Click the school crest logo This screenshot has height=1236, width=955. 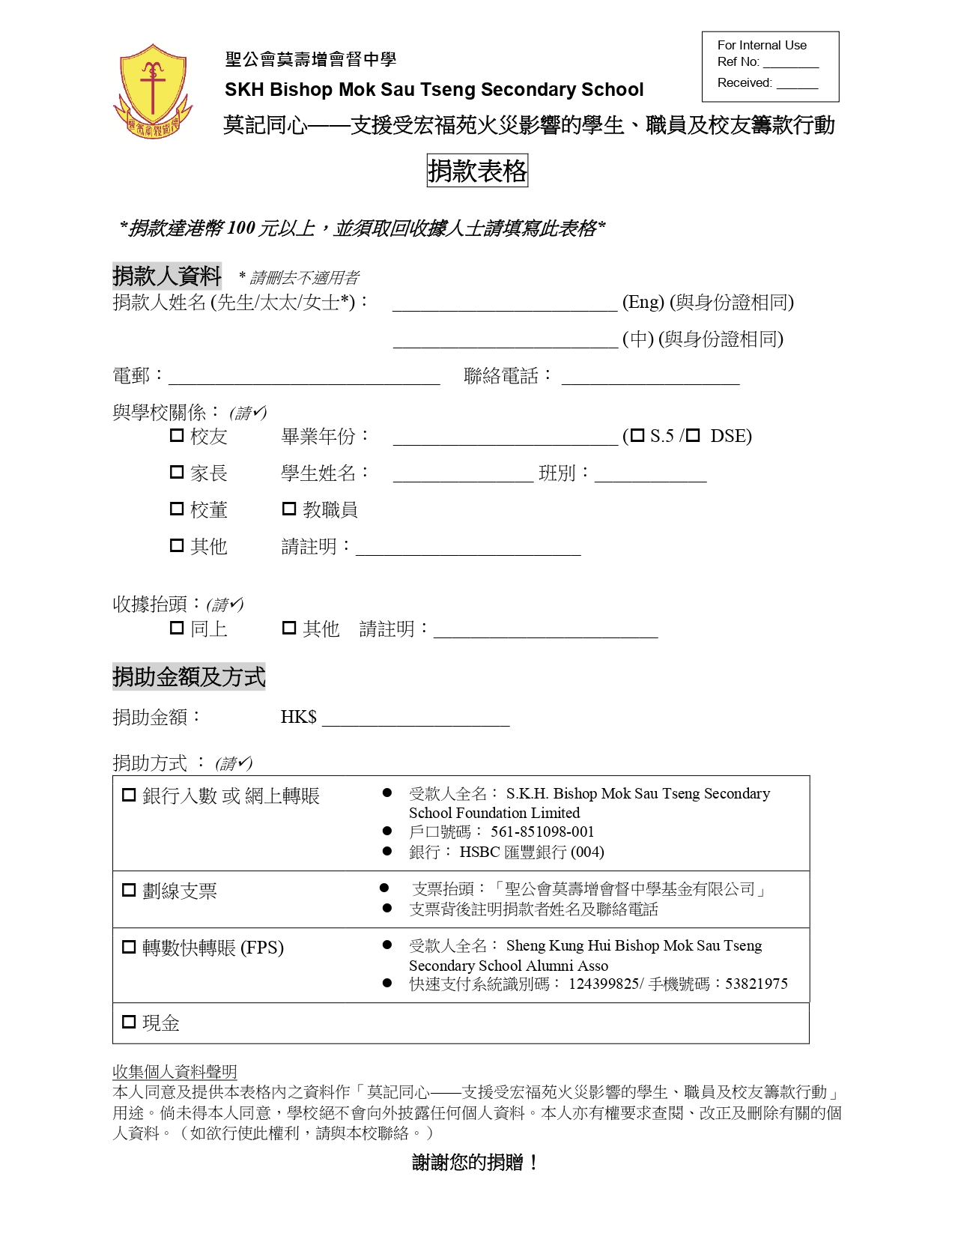153,90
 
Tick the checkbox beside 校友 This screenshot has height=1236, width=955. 177,435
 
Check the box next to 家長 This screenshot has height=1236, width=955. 177,472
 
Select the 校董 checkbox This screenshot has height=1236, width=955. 177,509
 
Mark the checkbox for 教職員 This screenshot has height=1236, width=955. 289,509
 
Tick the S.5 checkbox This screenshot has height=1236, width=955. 637,435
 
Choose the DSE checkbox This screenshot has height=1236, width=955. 694,435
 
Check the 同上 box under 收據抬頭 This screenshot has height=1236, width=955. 177,628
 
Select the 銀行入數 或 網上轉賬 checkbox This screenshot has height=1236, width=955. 129,795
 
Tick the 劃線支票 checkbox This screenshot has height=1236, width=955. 129,890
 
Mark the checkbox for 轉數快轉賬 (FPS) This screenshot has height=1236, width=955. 129,947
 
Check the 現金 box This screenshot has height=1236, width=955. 129,1022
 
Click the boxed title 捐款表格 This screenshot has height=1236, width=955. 477,172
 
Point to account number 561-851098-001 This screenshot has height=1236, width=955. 542,832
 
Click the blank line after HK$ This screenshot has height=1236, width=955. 416,719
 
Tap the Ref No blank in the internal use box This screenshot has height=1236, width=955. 790,63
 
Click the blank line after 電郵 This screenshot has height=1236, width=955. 303,377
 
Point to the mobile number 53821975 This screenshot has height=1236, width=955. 757,984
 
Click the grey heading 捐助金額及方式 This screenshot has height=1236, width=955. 189,676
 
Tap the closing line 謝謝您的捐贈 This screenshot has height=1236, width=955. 476,1163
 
